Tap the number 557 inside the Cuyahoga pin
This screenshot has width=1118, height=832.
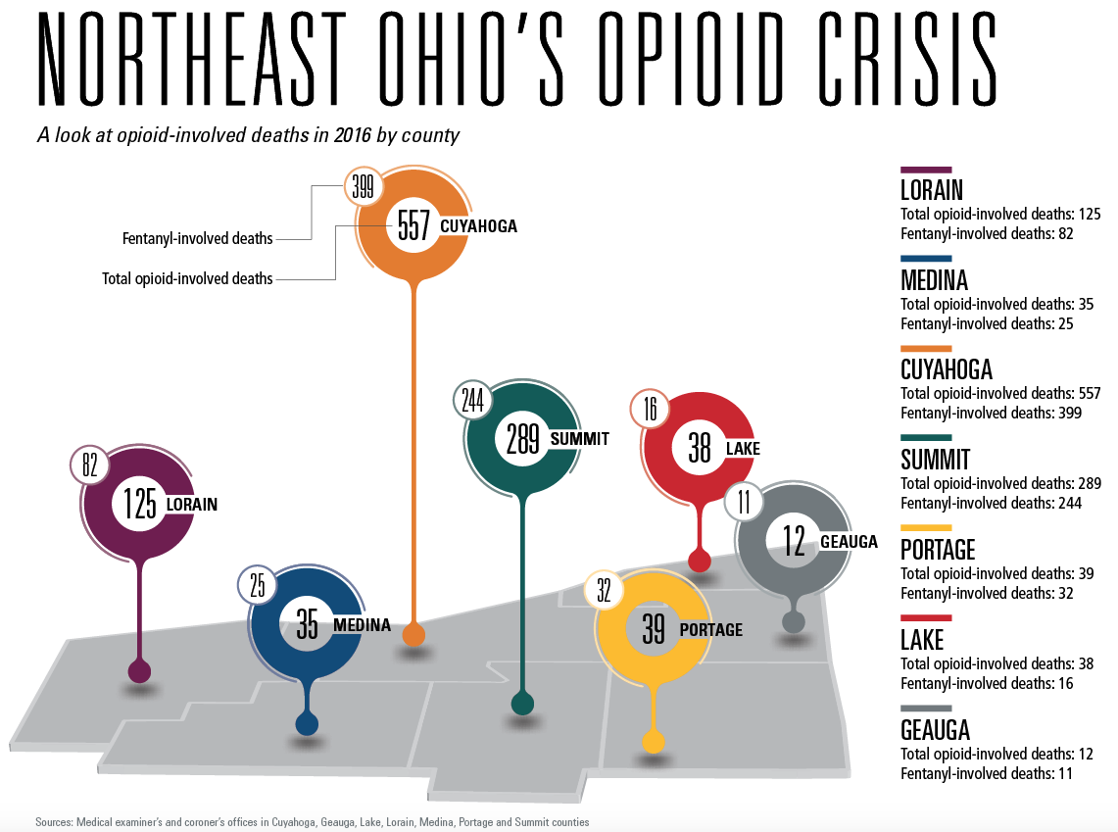(x=413, y=227)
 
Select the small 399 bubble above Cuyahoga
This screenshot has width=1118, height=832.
(x=363, y=187)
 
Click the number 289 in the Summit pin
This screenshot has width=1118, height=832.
(x=523, y=439)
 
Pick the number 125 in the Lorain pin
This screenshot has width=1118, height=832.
(x=140, y=505)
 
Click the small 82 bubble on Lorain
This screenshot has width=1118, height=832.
(x=90, y=465)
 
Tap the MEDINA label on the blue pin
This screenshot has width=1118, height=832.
(x=362, y=625)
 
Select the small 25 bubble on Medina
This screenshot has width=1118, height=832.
(x=257, y=586)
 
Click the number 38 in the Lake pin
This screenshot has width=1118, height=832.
(x=699, y=449)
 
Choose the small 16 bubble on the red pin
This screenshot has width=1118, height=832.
(x=650, y=409)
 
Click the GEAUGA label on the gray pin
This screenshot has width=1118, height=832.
(x=849, y=541)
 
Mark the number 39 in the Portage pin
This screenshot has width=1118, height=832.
(x=653, y=629)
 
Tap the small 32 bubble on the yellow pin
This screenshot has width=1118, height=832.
(x=603, y=590)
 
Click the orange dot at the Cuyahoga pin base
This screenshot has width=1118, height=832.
(x=414, y=635)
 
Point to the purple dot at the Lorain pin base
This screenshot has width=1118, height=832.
(x=140, y=671)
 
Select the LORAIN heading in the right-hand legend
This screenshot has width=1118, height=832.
(x=931, y=190)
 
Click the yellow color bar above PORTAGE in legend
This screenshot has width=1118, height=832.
(x=926, y=528)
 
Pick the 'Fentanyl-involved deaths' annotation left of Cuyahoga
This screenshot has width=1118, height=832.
(x=198, y=238)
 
